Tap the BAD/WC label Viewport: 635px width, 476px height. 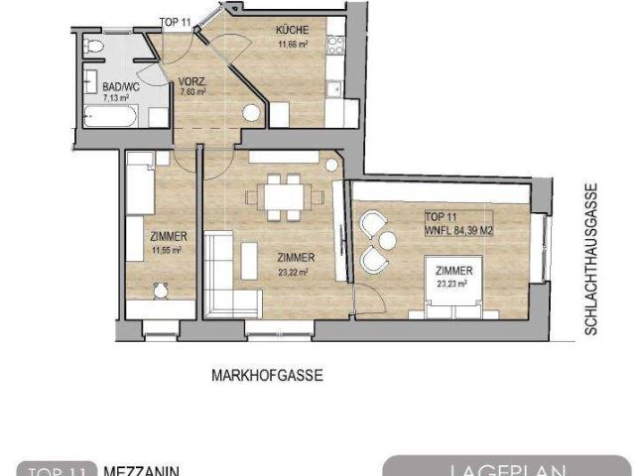point(120,87)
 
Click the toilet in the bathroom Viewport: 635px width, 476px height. point(95,48)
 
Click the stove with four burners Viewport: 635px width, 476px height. point(336,46)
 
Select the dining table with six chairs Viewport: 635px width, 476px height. point(284,195)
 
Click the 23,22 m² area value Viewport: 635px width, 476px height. point(291,271)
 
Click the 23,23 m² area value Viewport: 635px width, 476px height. point(452,283)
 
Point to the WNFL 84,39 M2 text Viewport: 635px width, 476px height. point(458,230)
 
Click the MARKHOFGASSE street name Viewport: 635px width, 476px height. point(268,376)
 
